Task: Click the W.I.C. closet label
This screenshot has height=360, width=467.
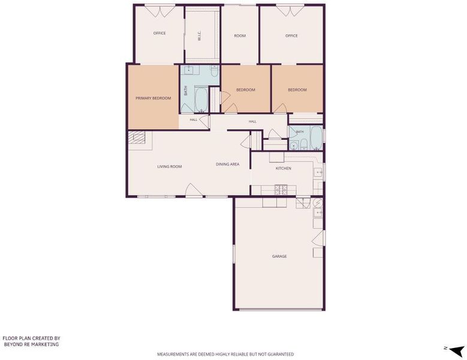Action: click(x=200, y=35)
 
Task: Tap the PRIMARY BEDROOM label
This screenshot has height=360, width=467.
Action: click(x=153, y=98)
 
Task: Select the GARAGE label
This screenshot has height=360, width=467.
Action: click(x=279, y=256)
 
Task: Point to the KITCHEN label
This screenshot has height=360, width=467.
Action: click(x=284, y=169)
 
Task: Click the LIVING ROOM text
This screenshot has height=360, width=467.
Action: click(x=170, y=167)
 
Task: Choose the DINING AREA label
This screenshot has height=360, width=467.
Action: click(x=228, y=164)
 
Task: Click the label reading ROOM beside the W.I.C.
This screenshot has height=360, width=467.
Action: click(x=240, y=36)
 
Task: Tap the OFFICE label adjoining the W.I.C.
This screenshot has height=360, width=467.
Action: click(x=159, y=33)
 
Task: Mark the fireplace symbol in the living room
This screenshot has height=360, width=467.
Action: click(x=137, y=138)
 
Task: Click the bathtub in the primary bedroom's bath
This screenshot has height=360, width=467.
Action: click(x=201, y=100)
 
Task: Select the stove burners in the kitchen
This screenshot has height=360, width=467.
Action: click(x=281, y=190)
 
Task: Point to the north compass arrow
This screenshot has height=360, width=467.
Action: click(x=456, y=351)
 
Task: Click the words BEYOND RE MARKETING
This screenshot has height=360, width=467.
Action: click(x=31, y=344)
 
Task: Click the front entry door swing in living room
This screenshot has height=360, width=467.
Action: click(x=193, y=190)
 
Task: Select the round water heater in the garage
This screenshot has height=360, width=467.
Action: click(x=318, y=203)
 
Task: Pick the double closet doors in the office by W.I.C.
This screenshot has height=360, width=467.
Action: click(x=159, y=11)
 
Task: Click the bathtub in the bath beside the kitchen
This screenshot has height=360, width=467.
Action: click(x=317, y=137)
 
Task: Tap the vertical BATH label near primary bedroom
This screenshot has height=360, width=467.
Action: click(x=186, y=91)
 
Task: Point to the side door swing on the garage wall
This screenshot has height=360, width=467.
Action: click(x=318, y=238)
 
